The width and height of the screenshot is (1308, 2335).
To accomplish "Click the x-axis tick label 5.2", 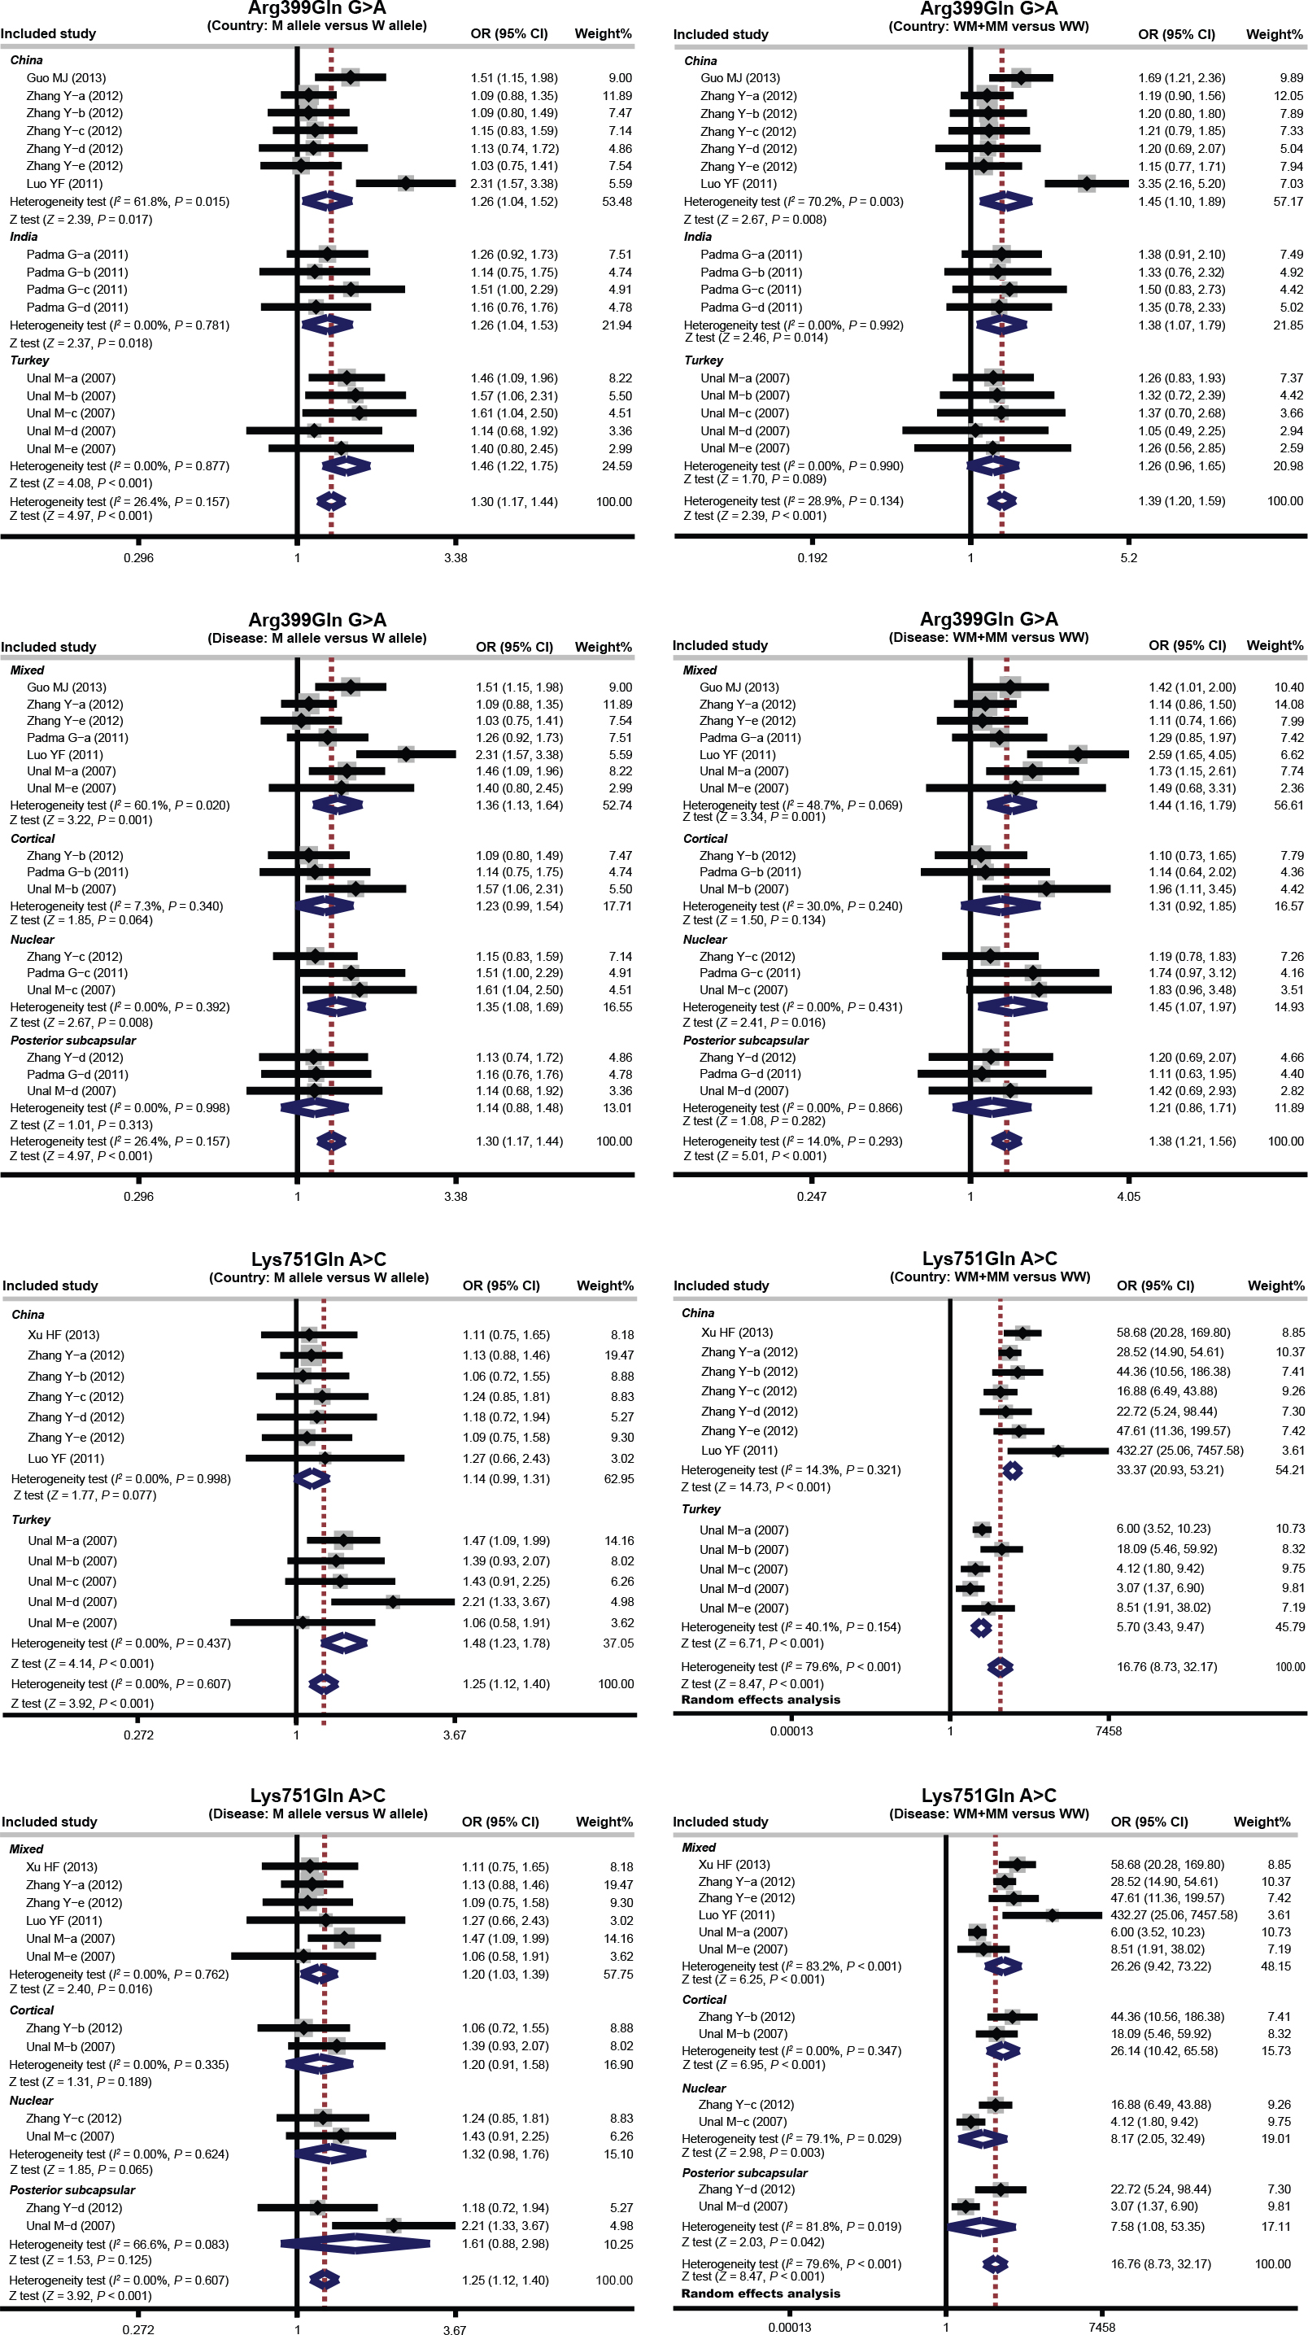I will point(1127,557).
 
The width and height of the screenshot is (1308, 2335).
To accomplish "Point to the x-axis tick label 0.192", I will point(812,557).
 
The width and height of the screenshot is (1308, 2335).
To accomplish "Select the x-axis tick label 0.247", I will point(811,1197).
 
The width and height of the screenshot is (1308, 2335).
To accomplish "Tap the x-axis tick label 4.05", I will point(1127,1197).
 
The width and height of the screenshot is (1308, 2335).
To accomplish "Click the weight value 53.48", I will point(617,201).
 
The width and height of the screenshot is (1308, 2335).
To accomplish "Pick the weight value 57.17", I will point(1287,201).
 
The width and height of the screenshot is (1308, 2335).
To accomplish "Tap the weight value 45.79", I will point(1289,1627).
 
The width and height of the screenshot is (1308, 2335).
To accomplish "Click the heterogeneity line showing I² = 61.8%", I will point(120,201).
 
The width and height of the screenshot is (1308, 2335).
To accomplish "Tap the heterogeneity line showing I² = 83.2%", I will point(791,1966).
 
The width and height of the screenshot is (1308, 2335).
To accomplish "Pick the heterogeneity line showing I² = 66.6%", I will point(119,2245).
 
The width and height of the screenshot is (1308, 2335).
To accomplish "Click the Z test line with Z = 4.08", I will point(81,483).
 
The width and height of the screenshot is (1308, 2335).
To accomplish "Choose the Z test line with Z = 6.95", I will point(753,2064).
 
